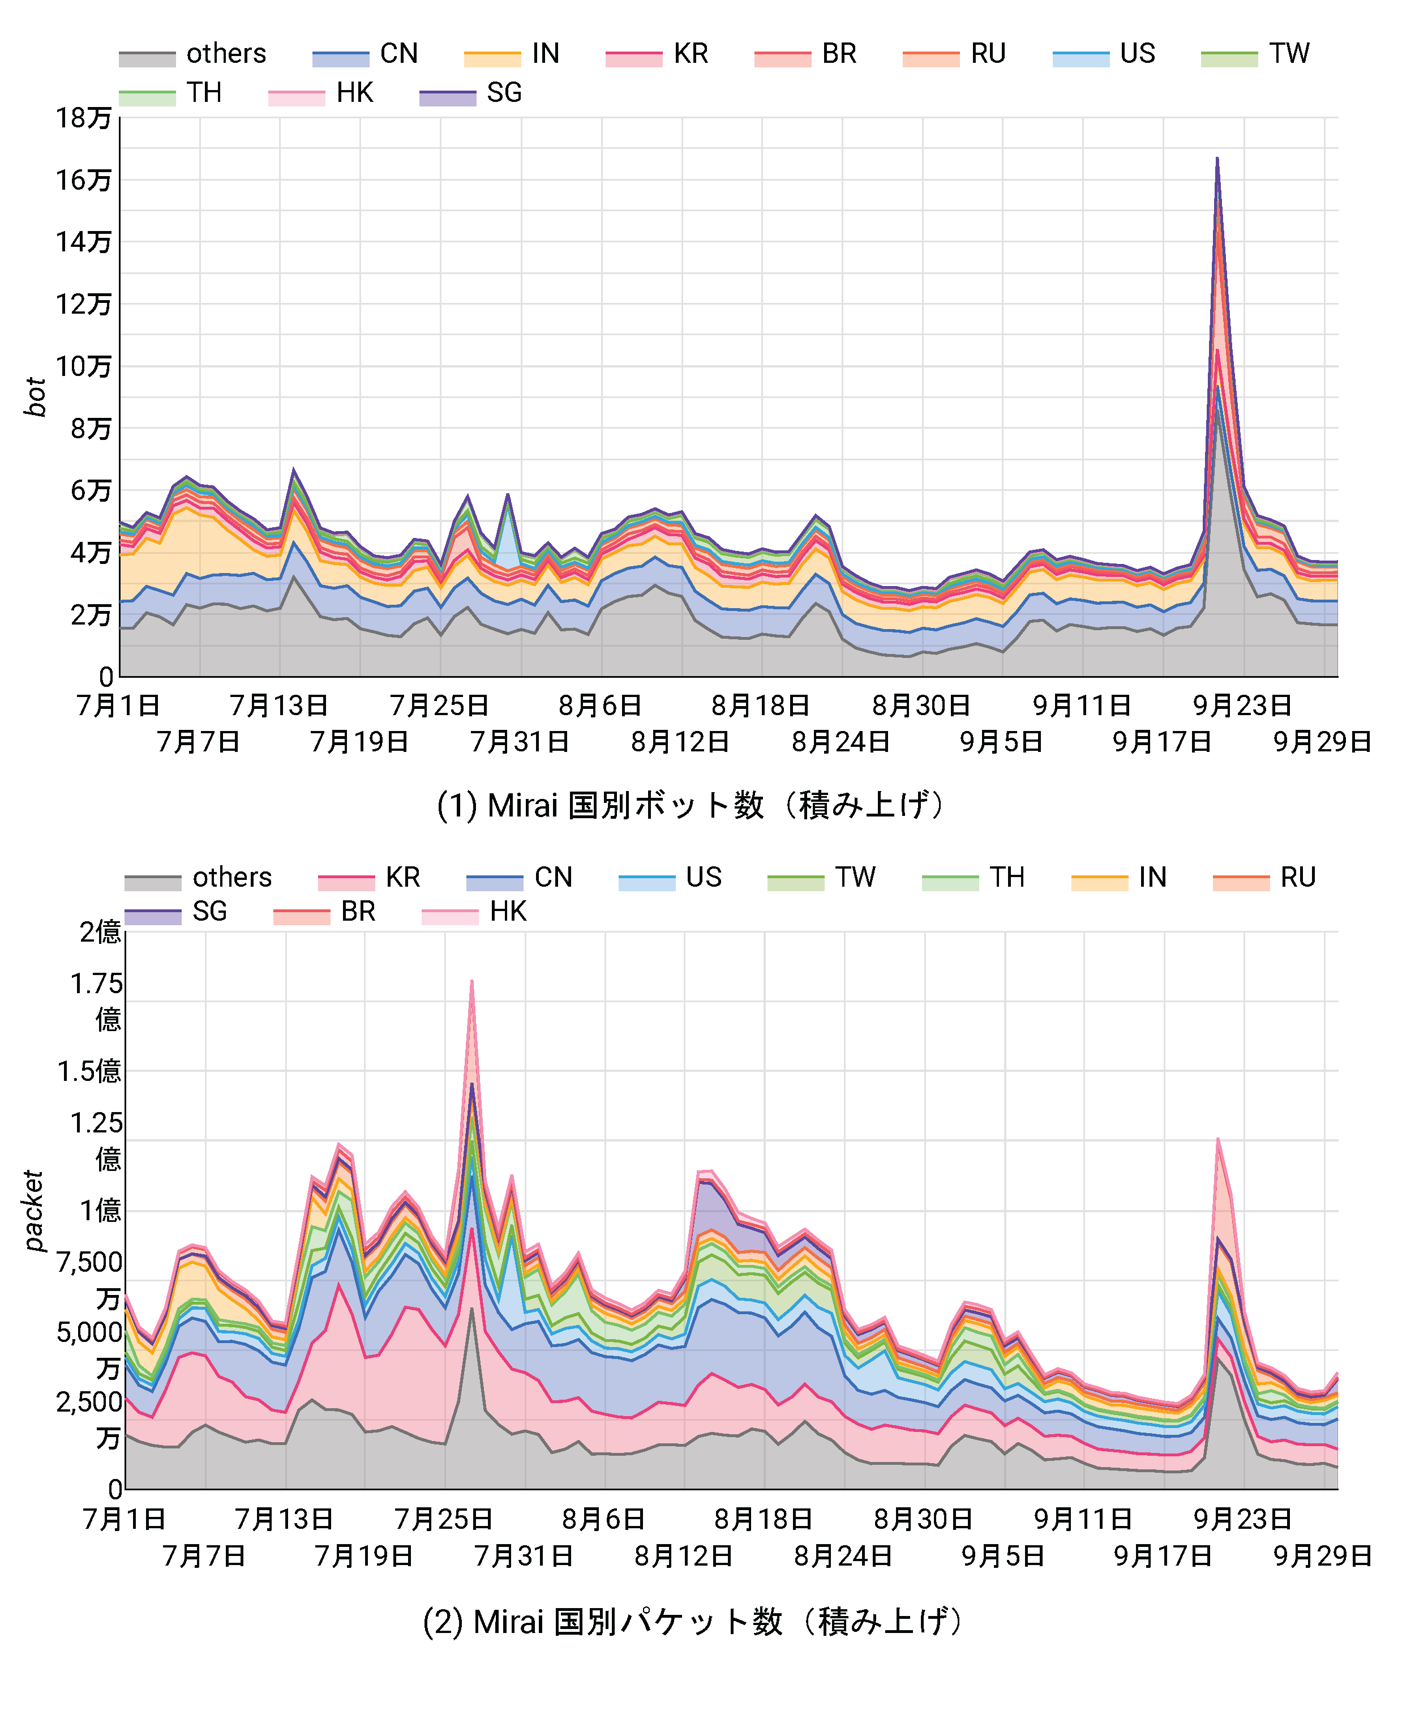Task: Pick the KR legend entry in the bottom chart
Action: pyautogui.click(x=370, y=877)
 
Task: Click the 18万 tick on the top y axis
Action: pyautogui.click(x=83, y=118)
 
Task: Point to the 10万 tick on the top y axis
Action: pyautogui.click(x=83, y=366)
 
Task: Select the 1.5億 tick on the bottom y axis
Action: pyautogui.click(x=89, y=1071)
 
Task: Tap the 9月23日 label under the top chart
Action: pyautogui.click(x=1242, y=705)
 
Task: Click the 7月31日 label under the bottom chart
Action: pyautogui.click(x=524, y=1556)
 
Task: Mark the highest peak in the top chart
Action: pyautogui.click(x=1216, y=159)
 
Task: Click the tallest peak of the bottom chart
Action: pyautogui.click(x=471, y=982)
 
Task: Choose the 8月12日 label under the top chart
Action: pyautogui.click(x=680, y=742)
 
